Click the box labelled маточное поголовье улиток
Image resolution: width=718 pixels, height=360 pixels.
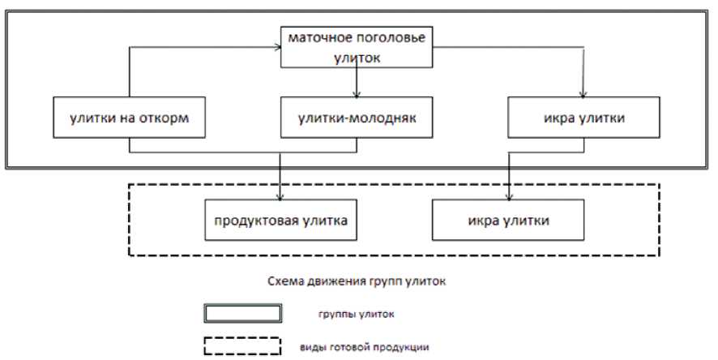(357, 48)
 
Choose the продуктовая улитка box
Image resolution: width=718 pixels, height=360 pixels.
(280, 220)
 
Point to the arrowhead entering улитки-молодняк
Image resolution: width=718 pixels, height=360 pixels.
(357, 93)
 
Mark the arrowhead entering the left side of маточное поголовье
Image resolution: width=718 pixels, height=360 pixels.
(276, 48)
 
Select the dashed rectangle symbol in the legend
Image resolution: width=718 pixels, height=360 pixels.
(242, 347)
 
